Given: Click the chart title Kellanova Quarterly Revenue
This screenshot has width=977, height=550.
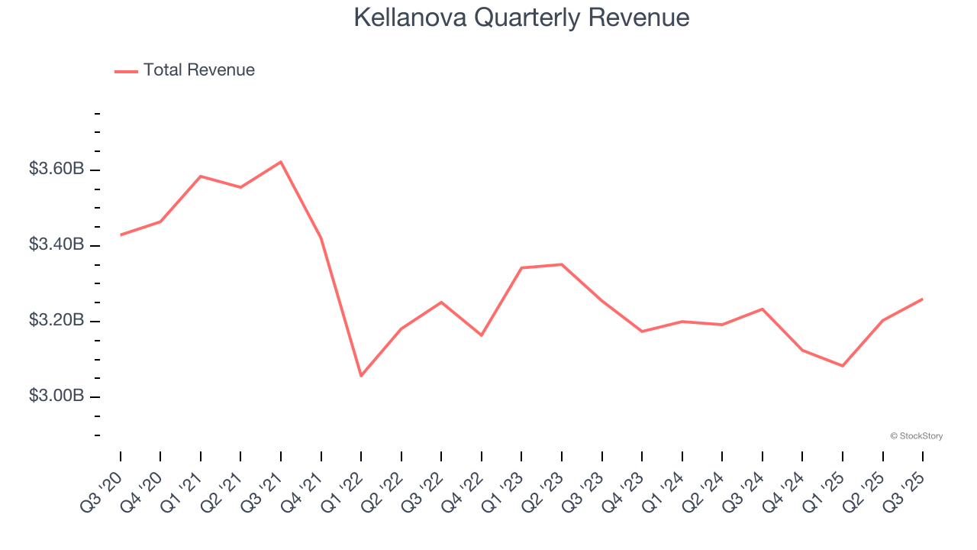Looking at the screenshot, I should (x=521, y=18).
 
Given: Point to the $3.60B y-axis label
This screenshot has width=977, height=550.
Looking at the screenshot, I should (x=56, y=169).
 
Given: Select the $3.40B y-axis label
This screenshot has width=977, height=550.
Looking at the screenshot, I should (x=56, y=244).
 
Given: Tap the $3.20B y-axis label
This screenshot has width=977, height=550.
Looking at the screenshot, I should (x=56, y=320).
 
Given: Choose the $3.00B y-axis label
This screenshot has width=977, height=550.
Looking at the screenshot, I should (x=56, y=396).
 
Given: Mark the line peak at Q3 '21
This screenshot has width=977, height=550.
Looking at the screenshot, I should (x=281, y=162).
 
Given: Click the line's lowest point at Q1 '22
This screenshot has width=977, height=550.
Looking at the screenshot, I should (x=361, y=376).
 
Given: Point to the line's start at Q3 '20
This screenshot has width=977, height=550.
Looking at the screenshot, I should (x=121, y=235).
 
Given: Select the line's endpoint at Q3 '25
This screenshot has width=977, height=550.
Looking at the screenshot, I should (x=923, y=299).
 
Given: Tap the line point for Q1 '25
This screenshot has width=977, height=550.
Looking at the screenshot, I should (x=843, y=366).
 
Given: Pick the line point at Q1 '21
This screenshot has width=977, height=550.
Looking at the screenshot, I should (x=201, y=176).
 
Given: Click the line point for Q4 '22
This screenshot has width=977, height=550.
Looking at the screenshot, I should (x=482, y=335).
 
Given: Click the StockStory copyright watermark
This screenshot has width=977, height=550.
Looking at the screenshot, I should (x=916, y=436).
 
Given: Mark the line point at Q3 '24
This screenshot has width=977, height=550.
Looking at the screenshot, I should (x=763, y=309).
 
